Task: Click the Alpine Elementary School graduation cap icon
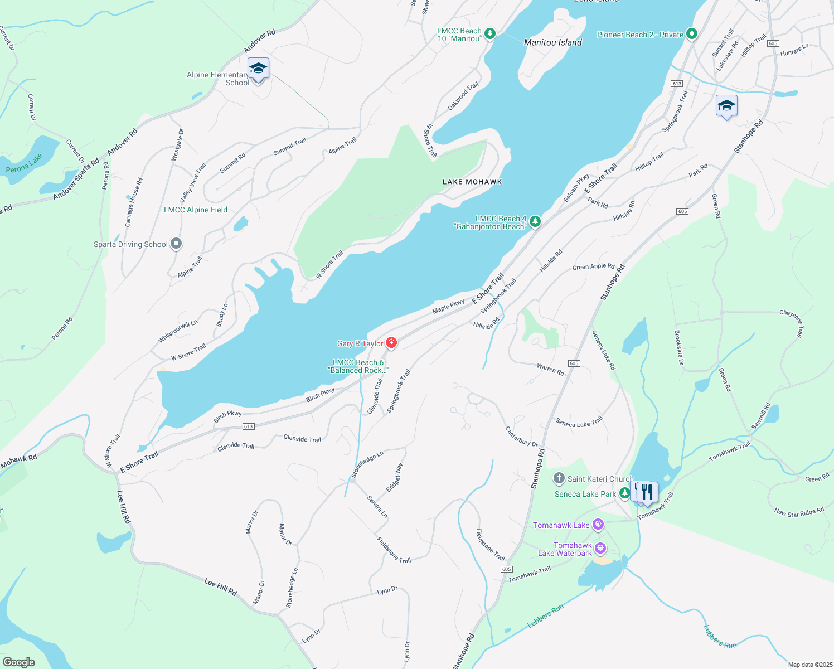tap(258, 69)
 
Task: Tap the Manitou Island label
tap(552, 42)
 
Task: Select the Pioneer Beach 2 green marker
tap(692, 34)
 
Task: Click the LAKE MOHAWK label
tap(472, 182)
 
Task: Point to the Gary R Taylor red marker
tap(391, 342)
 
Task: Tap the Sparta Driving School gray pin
tap(176, 244)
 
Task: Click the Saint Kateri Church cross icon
tap(559, 478)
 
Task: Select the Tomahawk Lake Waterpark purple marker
tap(600, 548)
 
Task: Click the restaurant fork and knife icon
tap(647, 492)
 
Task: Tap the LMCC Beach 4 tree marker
tap(535, 222)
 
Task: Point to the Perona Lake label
tap(24, 163)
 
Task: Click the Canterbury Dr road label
tap(522, 437)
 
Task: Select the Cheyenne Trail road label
tap(792, 323)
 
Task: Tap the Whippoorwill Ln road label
tap(178, 331)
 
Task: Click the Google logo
tap(18, 662)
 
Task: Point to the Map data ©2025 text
tap(809, 665)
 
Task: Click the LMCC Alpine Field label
tap(196, 210)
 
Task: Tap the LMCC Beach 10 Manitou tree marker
tap(490, 34)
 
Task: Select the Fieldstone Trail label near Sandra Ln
tap(394, 550)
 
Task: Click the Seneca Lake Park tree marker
tap(625, 493)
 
